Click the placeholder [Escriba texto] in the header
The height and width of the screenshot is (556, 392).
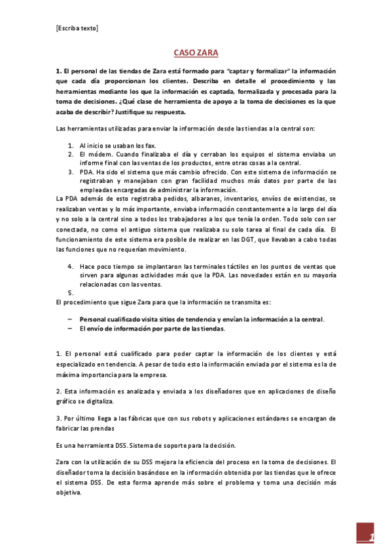click(77, 28)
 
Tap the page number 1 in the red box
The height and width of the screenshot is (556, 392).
click(371, 538)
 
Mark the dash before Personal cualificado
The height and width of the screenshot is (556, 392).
click(69, 319)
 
